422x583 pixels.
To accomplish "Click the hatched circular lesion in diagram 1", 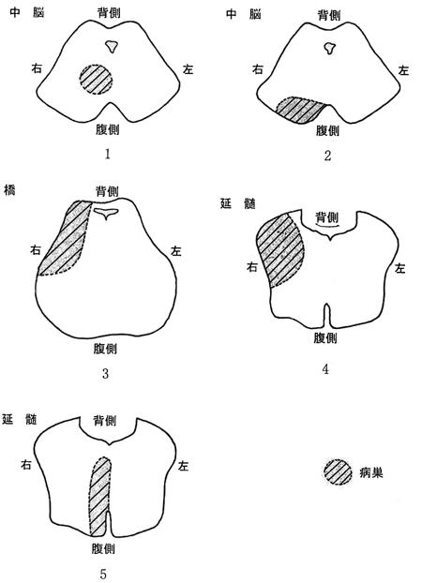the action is [x=96, y=80].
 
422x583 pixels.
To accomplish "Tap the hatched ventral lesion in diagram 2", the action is [x=301, y=110].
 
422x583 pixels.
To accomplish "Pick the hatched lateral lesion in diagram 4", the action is [x=280, y=250].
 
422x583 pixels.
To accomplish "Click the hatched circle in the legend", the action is [x=338, y=472].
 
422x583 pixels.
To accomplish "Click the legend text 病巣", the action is [x=371, y=473].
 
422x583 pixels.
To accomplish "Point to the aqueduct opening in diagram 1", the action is [x=112, y=46].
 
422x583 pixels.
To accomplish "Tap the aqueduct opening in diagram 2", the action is [x=328, y=48].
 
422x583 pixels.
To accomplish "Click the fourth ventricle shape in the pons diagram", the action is [x=106, y=213].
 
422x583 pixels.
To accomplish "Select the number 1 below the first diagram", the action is [x=108, y=154].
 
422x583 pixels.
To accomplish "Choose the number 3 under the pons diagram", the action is [x=105, y=373].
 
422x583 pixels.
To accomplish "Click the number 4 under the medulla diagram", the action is [x=325, y=369].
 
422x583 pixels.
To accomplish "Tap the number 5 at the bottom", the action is [x=103, y=574].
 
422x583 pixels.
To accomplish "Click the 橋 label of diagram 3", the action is [x=9, y=192].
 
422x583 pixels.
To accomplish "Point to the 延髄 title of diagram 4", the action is [x=238, y=203].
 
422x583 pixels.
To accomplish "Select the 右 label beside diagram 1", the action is [x=37, y=68].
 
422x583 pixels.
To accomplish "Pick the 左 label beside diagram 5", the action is [x=183, y=466].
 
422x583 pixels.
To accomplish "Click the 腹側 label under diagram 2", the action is [x=328, y=130].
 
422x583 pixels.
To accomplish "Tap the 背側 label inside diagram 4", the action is [x=327, y=217].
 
